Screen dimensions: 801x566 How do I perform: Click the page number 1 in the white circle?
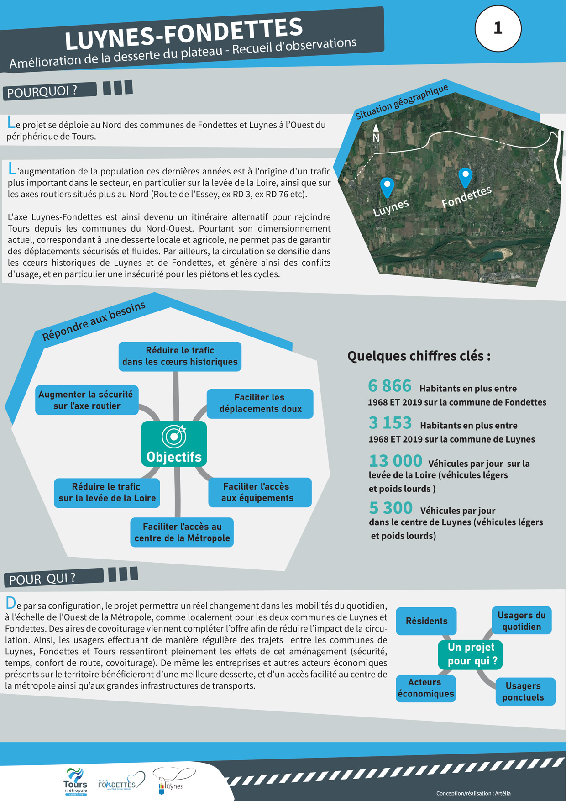498,29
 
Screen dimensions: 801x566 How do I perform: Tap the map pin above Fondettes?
465,177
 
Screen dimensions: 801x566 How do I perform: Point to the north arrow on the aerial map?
376,132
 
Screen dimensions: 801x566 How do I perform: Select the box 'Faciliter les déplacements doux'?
260,404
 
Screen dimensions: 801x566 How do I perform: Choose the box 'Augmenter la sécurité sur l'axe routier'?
87,400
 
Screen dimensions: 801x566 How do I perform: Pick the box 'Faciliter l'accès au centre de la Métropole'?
182,532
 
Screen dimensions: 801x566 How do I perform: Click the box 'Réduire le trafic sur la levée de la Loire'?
107,493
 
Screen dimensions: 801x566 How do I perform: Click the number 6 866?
390,386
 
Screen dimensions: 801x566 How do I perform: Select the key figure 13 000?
395,461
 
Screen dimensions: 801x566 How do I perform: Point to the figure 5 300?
391,508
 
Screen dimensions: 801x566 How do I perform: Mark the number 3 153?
390,423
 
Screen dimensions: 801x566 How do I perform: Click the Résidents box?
426,621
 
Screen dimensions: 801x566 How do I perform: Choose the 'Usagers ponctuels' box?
525,691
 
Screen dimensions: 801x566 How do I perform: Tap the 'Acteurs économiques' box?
425,688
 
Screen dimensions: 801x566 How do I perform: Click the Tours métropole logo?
76,781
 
